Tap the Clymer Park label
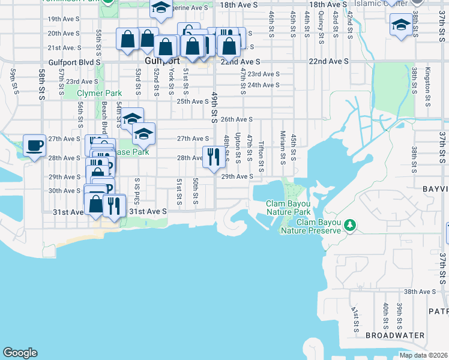(100, 93)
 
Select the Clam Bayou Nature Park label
(288, 208)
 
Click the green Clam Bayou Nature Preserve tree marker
(349, 226)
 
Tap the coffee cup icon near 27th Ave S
(34, 145)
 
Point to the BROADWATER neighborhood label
(395, 335)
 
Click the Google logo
(20, 353)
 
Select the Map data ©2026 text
(423, 355)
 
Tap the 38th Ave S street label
(419, 292)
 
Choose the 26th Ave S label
(237, 119)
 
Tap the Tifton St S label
(261, 154)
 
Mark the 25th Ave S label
(192, 101)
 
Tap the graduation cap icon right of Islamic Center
(400, 25)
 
